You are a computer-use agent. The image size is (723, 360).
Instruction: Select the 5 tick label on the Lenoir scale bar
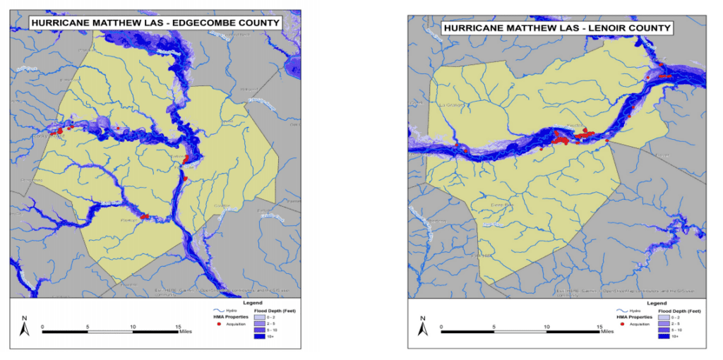coord(494,327)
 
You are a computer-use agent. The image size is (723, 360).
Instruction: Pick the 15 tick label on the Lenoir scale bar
coord(599,327)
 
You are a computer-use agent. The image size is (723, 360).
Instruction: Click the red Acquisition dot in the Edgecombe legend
coord(220,323)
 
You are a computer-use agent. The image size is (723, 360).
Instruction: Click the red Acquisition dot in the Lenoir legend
coord(623,323)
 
